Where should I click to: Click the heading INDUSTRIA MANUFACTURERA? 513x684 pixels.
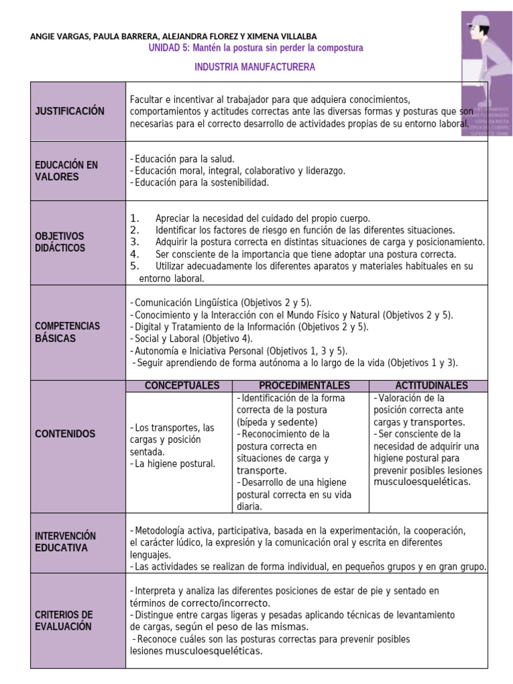click(x=254, y=67)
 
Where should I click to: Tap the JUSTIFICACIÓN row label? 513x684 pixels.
click(x=69, y=112)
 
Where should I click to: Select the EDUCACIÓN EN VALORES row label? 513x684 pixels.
click(x=66, y=171)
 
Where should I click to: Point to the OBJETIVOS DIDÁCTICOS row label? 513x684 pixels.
click(x=60, y=242)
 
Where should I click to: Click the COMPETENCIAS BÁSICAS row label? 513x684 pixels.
click(x=67, y=332)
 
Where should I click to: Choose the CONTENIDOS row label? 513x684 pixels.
click(x=65, y=434)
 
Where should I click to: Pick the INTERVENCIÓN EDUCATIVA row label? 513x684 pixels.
click(x=65, y=542)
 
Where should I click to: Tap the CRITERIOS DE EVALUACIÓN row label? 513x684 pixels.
click(x=64, y=621)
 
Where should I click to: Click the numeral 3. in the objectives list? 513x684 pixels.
click(x=134, y=242)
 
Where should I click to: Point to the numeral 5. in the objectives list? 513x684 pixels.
click(x=134, y=266)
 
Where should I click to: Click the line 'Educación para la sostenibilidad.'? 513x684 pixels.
click(x=200, y=183)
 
